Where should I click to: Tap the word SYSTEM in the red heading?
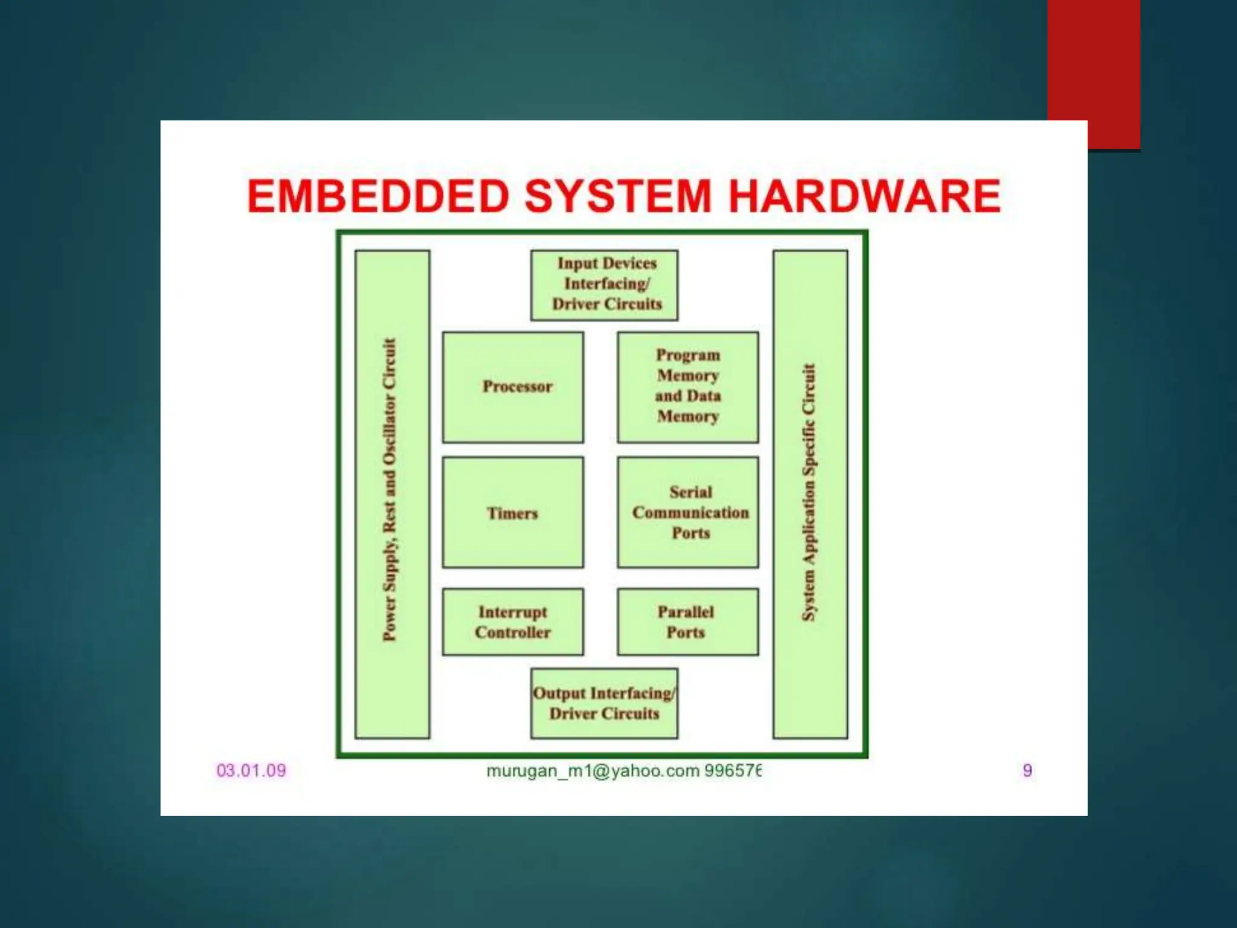pyautogui.click(x=618, y=196)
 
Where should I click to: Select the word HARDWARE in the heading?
pyautogui.click(x=864, y=196)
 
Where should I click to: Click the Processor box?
pyautogui.click(x=513, y=387)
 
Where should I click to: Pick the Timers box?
pyautogui.click(x=513, y=512)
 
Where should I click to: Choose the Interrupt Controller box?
pyautogui.click(x=513, y=622)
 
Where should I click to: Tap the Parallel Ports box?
pyautogui.click(x=687, y=622)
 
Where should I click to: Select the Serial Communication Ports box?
pyautogui.click(x=687, y=512)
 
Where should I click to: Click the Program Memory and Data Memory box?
pyautogui.click(x=687, y=387)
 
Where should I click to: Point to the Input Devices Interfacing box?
pyautogui.click(x=604, y=285)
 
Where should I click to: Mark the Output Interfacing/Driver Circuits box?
pyautogui.click(x=604, y=703)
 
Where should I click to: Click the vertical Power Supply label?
pyautogui.click(x=391, y=489)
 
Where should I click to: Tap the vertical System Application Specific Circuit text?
pyautogui.click(x=809, y=492)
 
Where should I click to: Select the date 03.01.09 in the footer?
pyautogui.click(x=251, y=770)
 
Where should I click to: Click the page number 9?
pyautogui.click(x=1027, y=770)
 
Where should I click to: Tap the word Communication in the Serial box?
pyautogui.click(x=690, y=513)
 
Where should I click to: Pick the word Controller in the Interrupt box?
pyautogui.click(x=513, y=633)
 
